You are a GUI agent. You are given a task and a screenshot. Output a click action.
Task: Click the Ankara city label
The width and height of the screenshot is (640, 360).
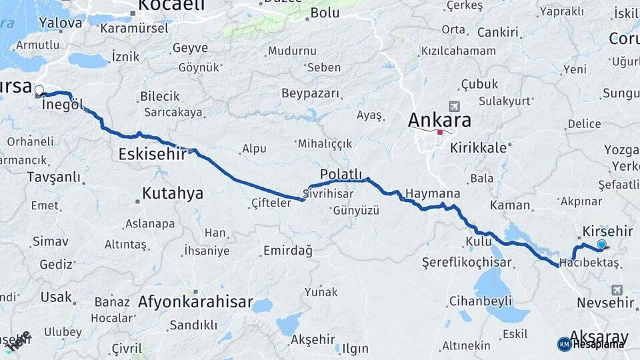click(x=439, y=120)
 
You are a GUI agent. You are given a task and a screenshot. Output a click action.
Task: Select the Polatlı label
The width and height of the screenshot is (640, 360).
click(x=340, y=173)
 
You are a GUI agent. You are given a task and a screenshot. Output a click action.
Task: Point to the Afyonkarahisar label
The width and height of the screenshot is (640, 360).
click(x=195, y=302)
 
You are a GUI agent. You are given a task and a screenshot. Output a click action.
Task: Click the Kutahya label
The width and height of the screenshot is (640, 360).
click(x=172, y=194)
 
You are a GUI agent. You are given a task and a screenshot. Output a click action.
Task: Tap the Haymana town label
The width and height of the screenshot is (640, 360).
click(x=433, y=193)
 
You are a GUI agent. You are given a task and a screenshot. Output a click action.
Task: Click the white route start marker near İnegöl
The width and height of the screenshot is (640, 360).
click(x=39, y=90)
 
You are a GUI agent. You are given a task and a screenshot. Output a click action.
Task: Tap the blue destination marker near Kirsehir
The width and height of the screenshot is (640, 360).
click(x=602, y=245)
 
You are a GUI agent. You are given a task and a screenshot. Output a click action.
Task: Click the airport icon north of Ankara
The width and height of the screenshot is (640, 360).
click(x=455, y=106)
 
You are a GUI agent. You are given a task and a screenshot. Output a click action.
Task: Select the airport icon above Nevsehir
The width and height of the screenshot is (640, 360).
click(x=615, y=289)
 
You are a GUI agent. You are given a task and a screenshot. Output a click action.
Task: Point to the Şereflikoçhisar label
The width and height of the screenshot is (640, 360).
click(x=467, y=263)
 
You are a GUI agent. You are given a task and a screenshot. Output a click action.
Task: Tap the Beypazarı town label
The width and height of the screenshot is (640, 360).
click(x=310, y=93)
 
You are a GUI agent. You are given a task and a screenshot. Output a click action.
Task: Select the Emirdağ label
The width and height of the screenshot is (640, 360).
click(x=287, y=250)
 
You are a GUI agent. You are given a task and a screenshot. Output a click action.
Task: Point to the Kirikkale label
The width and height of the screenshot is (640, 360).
click(x=478, y=148)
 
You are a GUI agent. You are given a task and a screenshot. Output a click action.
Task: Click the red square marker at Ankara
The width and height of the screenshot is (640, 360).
click(x=439, y=132)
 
